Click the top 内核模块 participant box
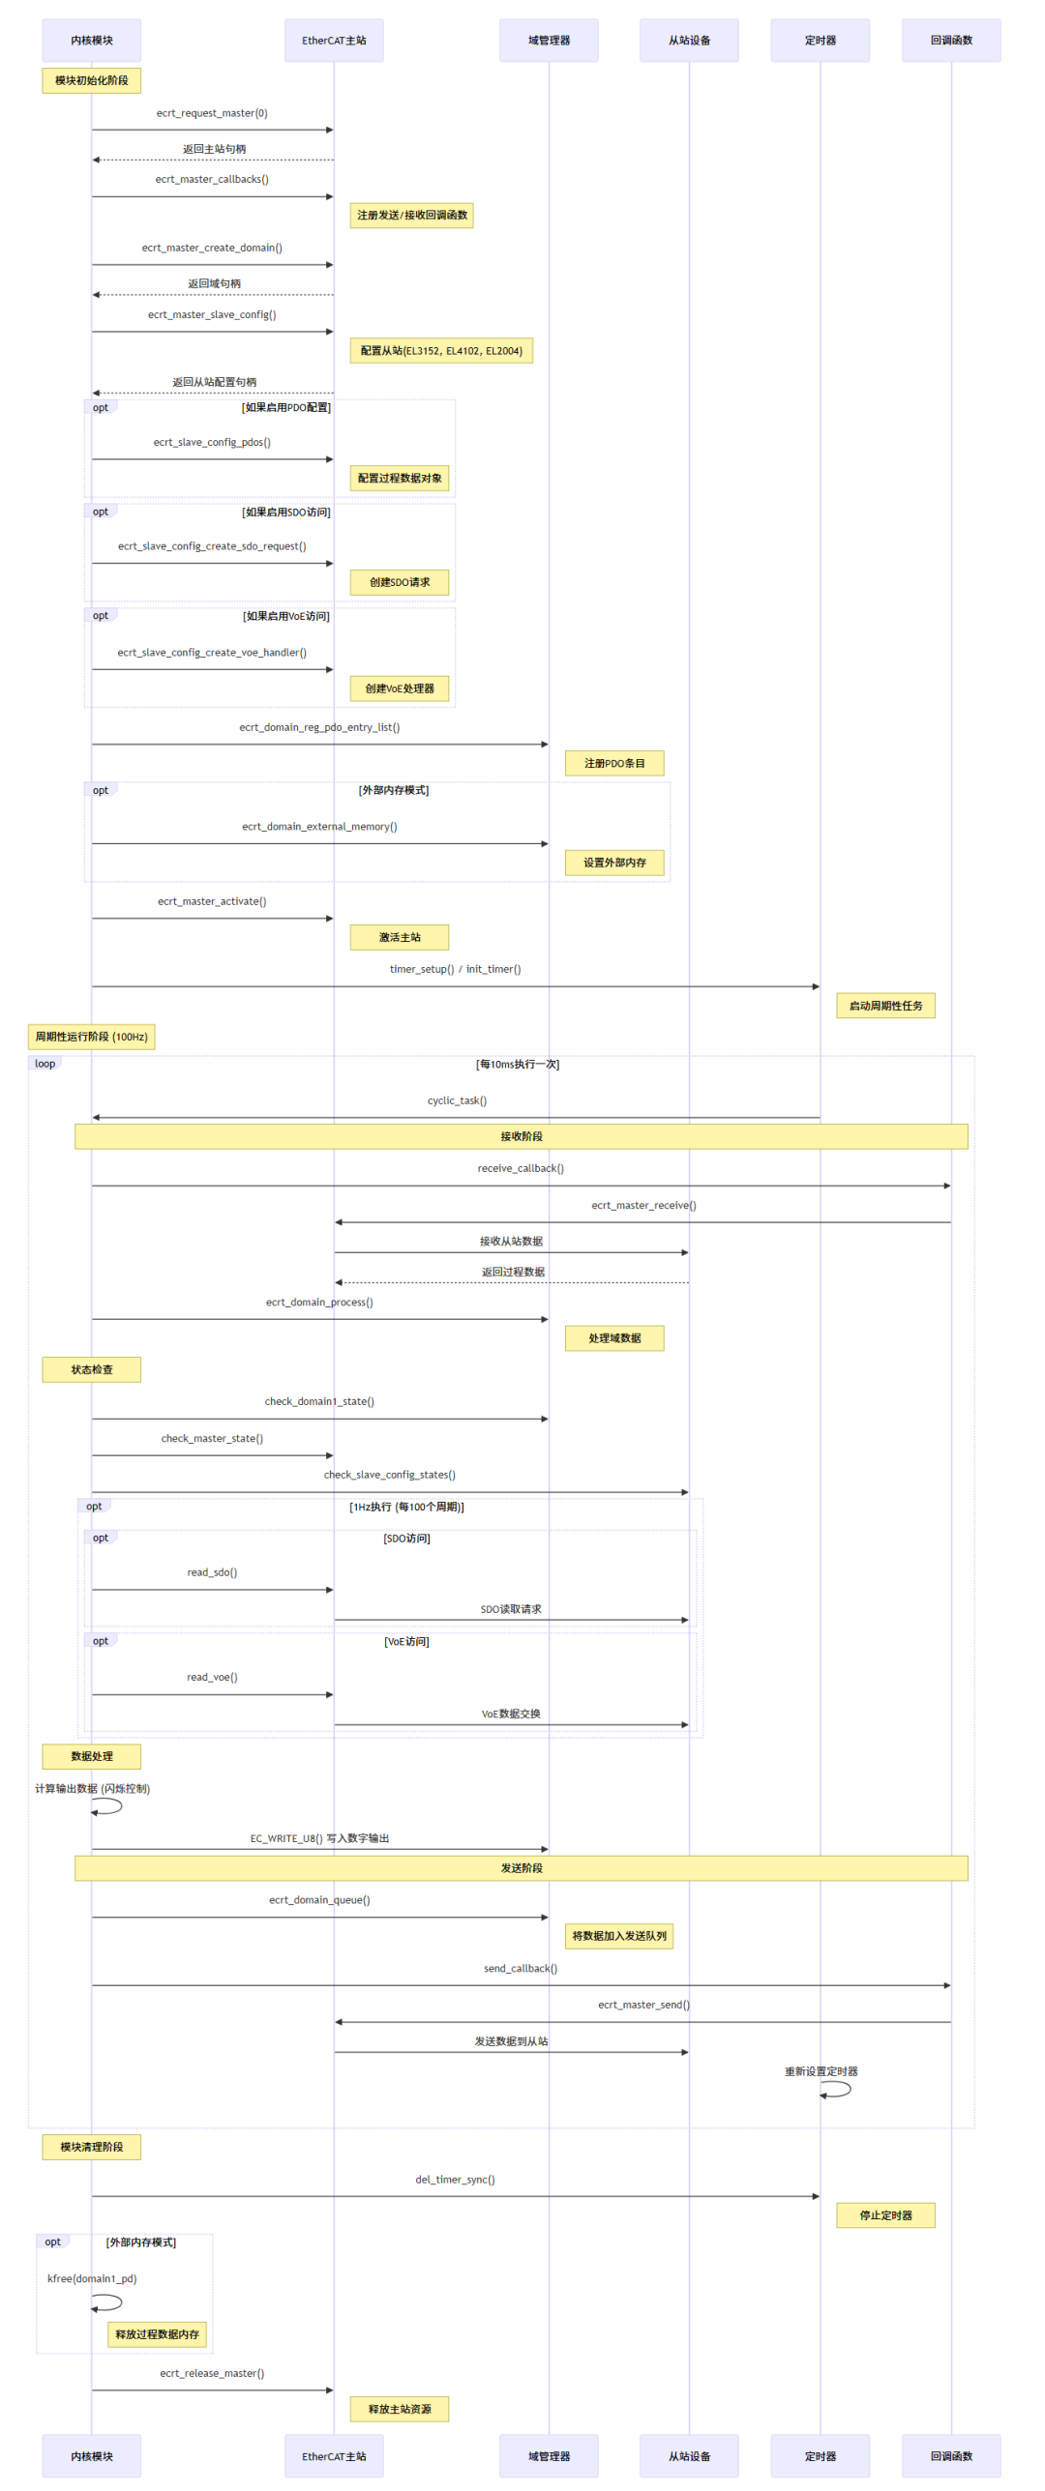pyautogui.click(x=91, y=41)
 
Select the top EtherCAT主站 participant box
pyautogui.click(x=334, y=41)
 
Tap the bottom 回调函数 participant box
pyautogui.click(x=950, y=2455)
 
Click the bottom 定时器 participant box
pyautogui.click(x=820, y=2455)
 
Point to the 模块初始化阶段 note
pyautogui.click(x=91, y=80)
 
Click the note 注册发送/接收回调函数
pyautogui.click(x=411, y=215)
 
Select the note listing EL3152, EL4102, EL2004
pyautogui.click(x=440, y=350)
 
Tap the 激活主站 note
pyautogui.click(x=399, y=937)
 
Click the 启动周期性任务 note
pyautogui.click(x=885, y=1006)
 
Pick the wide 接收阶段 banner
pyautogui.click(x=521, y=1136)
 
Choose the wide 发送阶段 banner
pyautogui.click(x=521, y=1867)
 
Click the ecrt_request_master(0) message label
pyautogui.click(x=212, y=113)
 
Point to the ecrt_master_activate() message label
pyautogui.click(x=212, y=901)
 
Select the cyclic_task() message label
pyautogui.click(x=457, y=1100)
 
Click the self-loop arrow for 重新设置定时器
pyautogui.click(x=837, y=2089)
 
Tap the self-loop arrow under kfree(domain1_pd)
pyautogui.click(x=108, y=2302)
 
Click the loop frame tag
pyautogui.click(x=45, y=1064)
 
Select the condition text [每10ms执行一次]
pyautogui.click(x=517, y=1065)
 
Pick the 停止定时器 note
pyautogui.click(x=885, y=2214)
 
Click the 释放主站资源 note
pyautogui.click(x=399, y=2409)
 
